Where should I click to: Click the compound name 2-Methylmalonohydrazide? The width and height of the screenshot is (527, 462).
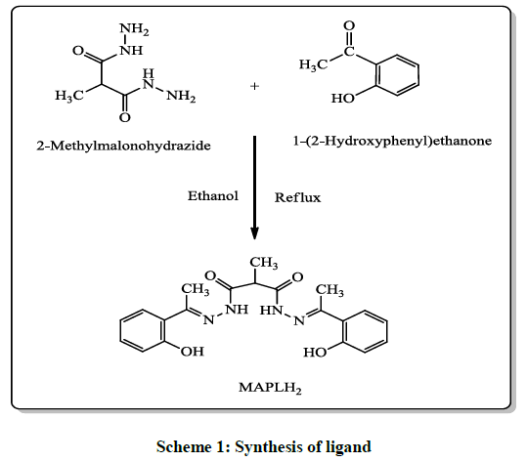[x=123, y=146]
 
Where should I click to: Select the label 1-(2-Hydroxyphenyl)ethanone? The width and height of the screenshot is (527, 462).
[x=392, y=141]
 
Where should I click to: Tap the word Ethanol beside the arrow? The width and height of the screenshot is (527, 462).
[x=213, y=195]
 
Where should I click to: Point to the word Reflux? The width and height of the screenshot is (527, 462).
[x=297, y=197]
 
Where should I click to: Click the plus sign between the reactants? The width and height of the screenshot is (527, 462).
[x=255, y=86]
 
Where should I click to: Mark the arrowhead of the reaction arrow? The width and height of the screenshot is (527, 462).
[x=255, y=233]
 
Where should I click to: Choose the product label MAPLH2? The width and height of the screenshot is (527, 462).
[x=270, y=388]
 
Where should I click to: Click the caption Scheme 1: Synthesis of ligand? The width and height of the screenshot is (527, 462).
[x=264, y=447]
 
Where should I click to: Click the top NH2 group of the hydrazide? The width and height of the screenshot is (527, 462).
[x=134, y=29]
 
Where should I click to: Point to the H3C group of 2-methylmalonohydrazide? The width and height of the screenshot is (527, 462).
[x=69, y=96]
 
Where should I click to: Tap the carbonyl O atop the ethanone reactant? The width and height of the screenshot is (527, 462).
[x=349, y=25]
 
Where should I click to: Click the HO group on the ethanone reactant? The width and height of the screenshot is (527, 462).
[x=343, y=99]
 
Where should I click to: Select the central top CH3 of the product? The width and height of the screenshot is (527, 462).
[x=264, y=263]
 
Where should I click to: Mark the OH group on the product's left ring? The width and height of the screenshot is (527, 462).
[x=193, y=352]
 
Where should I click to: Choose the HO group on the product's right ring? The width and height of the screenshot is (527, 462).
[x=315, y=353]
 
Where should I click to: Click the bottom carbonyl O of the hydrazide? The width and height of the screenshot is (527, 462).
[x=125, y=117]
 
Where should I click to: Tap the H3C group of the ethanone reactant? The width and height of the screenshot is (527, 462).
[x=313, y=64]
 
